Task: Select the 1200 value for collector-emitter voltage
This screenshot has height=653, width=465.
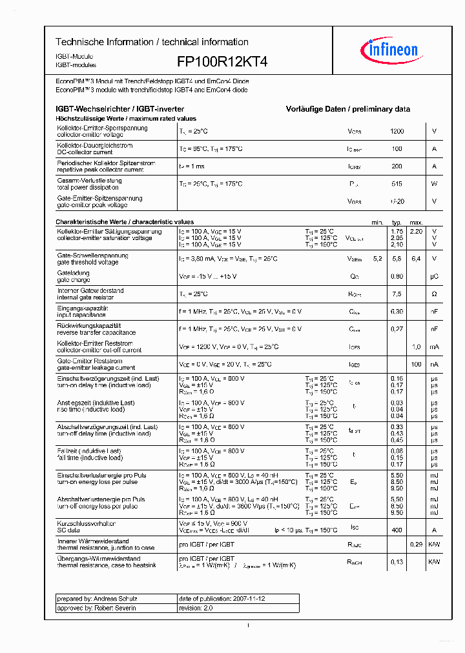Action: click(x=397, y=131)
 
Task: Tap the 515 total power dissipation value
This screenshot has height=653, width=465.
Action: click(x=397, y=184)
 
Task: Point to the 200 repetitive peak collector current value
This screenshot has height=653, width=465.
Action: click(x=397, y=166)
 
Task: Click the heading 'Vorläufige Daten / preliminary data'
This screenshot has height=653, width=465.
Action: click(x=347, y=110)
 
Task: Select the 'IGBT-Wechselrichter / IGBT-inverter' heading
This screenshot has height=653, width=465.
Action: click(x=120, y=110)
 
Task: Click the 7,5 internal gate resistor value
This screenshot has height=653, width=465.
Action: click(x=397, y=294)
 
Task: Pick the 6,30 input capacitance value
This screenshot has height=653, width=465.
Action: click(x=397, y=311)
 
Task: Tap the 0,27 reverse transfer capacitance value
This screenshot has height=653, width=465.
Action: click(x=397, y=328)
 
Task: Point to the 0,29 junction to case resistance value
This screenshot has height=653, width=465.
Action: click(x=416, y=545)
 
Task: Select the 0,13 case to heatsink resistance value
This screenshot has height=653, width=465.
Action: click(x=397, y=562)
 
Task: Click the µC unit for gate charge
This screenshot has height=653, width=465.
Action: click(x=434, y=276)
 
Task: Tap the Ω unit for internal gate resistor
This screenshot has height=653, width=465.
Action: click(x=434, y=294)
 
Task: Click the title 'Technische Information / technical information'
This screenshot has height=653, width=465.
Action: click(x=152, y=42)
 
